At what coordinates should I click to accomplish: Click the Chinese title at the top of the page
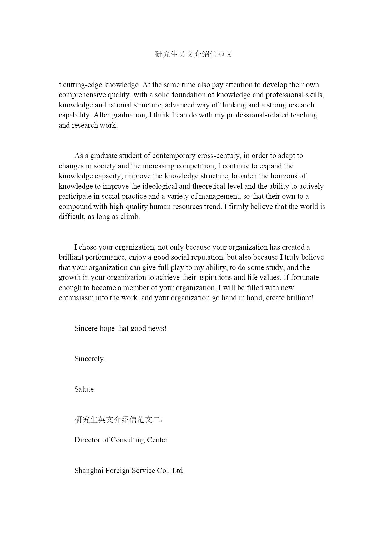click(194, 54)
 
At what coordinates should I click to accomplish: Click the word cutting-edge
click(83, 85)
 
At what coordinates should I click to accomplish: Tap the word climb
click(130, 217)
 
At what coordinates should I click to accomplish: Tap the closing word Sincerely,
click(90, 359)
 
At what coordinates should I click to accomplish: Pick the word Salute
click(84, 389)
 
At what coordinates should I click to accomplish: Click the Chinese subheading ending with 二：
click(119, 420)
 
